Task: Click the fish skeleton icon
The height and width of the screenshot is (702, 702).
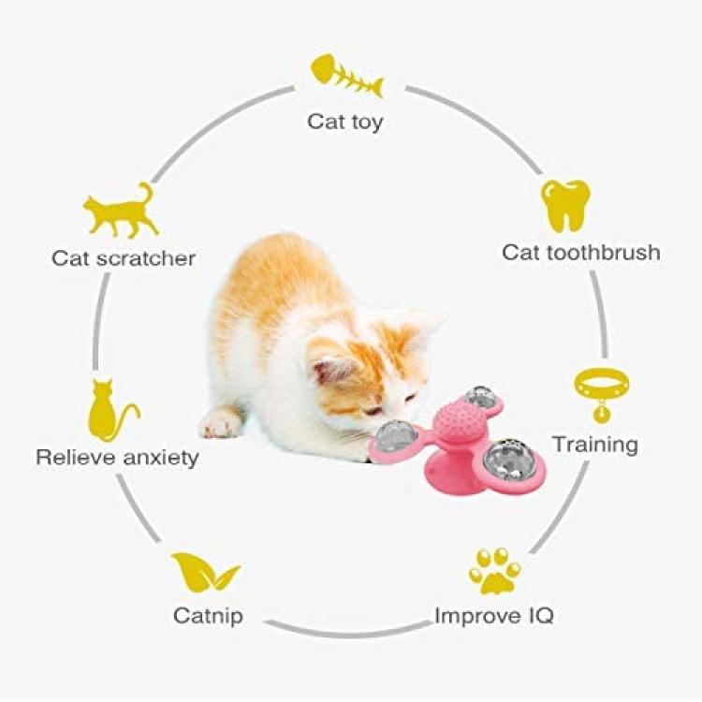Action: tap(346, 76)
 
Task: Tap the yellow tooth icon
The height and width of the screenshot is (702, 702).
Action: tap(566, 206)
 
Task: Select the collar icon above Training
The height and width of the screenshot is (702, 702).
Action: tap(594, 392)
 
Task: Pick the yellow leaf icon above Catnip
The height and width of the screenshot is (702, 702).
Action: tap(203, 572)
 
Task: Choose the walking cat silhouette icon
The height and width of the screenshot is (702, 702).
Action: tap(121, 212)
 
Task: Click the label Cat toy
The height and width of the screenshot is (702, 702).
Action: tap(345, 122)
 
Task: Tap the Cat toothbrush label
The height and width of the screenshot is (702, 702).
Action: tap(580, 253)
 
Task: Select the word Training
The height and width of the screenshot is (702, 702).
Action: tap(594, 443)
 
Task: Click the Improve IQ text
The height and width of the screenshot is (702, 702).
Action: tap(494, 616)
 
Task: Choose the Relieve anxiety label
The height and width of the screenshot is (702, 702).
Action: tap(117, 458)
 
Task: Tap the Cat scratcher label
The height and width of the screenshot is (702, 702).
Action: tap(124, 257)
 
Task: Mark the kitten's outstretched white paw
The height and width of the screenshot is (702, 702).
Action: tap(222, 424)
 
